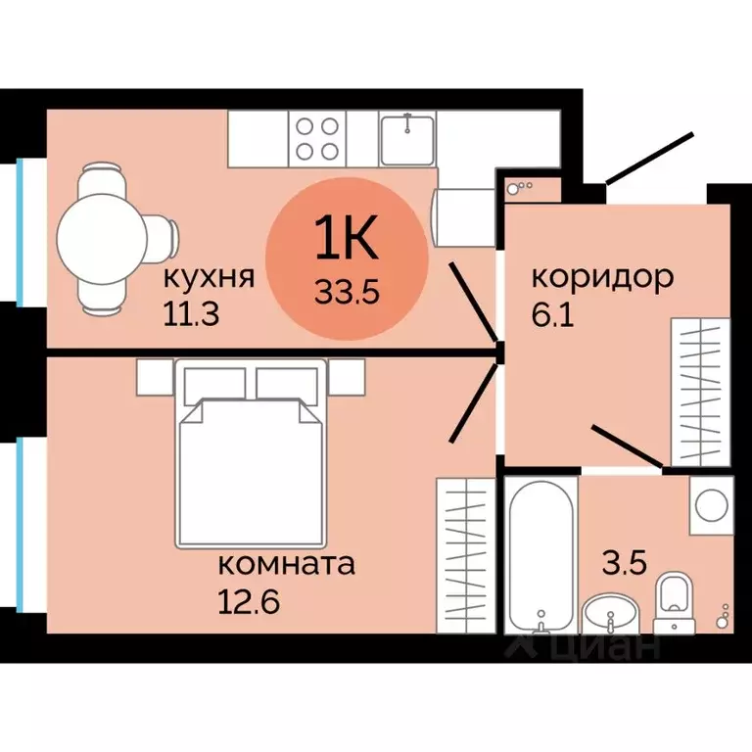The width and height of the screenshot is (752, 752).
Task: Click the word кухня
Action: click(209, 278)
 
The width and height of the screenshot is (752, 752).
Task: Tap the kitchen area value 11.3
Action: click(191, 314)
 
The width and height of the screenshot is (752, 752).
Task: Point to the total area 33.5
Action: click(348, 291)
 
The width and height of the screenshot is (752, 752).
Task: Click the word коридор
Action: click(603, 279)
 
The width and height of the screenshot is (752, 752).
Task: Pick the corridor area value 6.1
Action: click(553, 314)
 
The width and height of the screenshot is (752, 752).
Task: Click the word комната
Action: click(286, 564)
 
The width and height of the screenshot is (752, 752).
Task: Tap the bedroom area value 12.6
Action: click(249, 601)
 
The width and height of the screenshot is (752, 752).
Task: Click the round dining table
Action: click(102, 238)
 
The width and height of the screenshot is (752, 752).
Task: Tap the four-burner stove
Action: click(317, 139)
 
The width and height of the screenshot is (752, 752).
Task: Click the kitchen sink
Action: click(407, 139)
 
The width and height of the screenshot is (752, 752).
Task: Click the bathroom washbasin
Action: click(609, 614)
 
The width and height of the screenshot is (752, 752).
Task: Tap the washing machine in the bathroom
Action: click(712, 505)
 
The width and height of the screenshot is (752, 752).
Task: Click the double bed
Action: click(251, 453)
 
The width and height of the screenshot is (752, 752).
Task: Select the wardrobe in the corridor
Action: click(701, 392)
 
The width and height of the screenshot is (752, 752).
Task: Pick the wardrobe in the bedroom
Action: click(466, 555)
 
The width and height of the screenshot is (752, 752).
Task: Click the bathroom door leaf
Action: click(628, 446)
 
